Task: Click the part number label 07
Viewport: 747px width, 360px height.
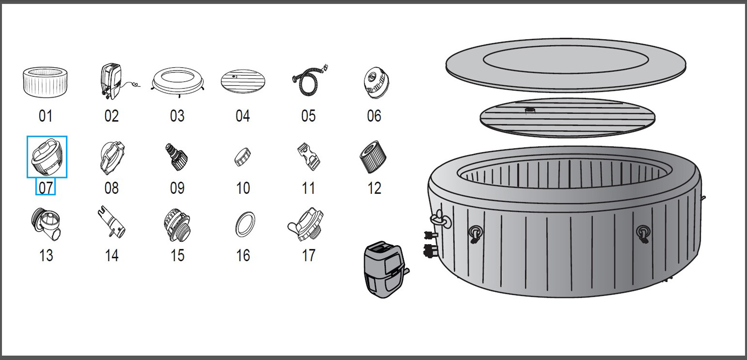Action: click(46, 188)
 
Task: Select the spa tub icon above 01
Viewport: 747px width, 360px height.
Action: click(45, 82)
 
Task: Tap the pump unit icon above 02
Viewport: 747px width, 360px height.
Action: click(112, 81)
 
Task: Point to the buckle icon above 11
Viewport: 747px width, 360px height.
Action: click(309, 157)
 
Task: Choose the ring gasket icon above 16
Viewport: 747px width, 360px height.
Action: click(245, 225)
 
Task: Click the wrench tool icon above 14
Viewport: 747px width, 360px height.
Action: click(112, 223)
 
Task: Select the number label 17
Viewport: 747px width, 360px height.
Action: click(309, 255)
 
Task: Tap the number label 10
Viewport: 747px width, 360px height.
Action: click(243, 188)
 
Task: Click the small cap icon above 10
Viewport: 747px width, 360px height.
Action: click(243, 157)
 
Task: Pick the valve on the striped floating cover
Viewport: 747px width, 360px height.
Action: click(530, 111)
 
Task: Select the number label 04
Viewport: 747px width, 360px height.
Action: click(243, 116)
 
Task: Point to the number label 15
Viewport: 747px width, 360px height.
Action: click(177, 255)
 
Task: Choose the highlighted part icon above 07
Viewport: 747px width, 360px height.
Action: click(47, 157)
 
